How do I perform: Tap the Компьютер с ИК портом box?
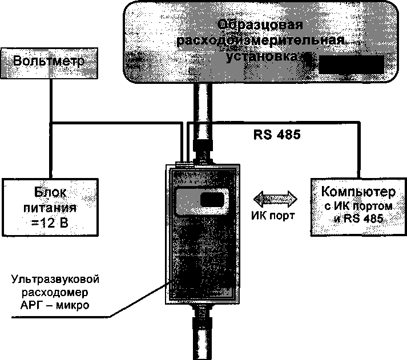[x=357, y=206]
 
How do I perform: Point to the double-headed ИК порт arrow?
[x=275, y=198]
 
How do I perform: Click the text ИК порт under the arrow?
[x=274, y=216]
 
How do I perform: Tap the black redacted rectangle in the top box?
[x=350, y=64]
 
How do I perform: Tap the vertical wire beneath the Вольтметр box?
[x=52, y=100]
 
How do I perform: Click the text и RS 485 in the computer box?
[x=358, y=218]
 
